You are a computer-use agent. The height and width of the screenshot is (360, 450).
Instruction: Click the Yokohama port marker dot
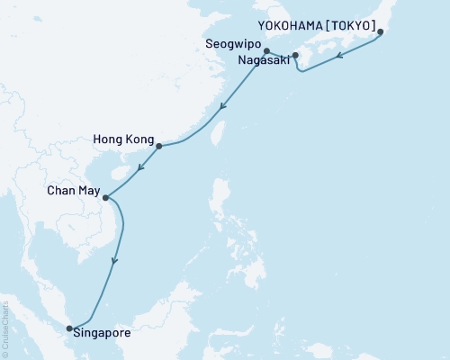380,32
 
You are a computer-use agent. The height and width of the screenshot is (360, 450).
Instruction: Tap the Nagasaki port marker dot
295,55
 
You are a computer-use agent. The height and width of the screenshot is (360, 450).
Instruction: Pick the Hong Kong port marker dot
158,146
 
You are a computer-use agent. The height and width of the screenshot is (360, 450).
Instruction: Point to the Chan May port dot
105,198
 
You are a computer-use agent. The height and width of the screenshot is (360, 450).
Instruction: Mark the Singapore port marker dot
69,328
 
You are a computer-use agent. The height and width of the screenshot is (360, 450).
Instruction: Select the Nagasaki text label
263,61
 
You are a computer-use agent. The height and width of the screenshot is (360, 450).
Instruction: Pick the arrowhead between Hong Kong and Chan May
139,166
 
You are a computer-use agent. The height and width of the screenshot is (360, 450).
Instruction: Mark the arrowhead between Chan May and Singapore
113,263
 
